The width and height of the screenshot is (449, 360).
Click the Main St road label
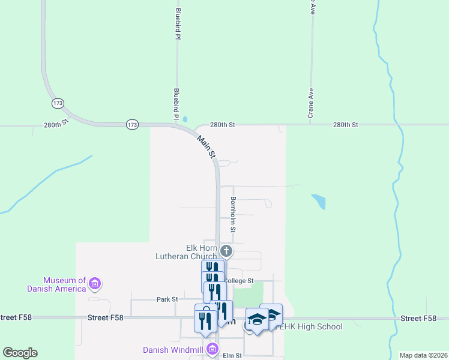[x=206, y=146]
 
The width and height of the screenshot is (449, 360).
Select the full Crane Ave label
[x=311, y=103]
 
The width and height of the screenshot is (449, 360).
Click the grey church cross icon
[x=226, y=251]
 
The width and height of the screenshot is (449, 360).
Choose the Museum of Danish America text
[x=64, y=284]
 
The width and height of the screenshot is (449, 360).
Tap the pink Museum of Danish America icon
[x=94, y=283]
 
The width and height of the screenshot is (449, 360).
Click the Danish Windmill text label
[x=173, y=350]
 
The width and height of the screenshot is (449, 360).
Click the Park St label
[x=167, y=299]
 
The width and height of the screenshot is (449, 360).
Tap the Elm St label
[x=232, y=356]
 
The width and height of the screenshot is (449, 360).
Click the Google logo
[x=20, y=353]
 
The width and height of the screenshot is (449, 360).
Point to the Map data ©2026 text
[x=423, y=355]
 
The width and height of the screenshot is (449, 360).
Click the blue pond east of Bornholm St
[x=319, y=201]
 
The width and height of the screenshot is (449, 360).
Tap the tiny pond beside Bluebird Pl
[x=184, y=119]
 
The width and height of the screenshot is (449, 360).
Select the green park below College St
[x=248, y=294]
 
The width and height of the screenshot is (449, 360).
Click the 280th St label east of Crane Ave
[x=345, y=125]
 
